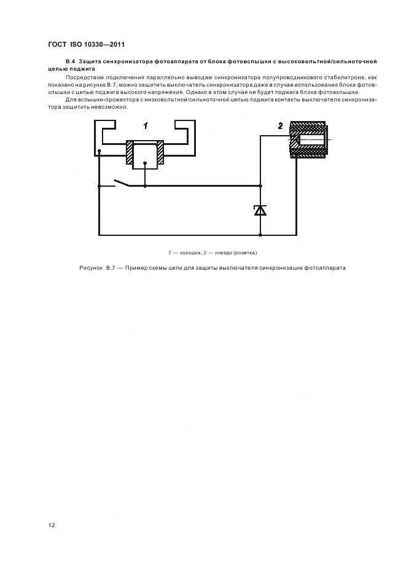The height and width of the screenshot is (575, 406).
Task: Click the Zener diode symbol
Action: pyautogui.click(x=260, y=211)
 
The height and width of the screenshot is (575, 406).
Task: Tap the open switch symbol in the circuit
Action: pyautogui.click(x=121, y=183)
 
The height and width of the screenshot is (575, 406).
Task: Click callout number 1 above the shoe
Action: pyautogui.click(x=146, y=126)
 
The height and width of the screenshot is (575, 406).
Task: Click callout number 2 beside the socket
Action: pyautogui.click(x=281, y=126)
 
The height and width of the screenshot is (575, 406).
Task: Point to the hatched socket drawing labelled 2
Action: pyautogui.click(x=308, y=139)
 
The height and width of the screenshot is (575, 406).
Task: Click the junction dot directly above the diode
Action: pyautogui.click(x=260, y=186)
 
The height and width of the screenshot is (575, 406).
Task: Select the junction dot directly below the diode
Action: pyautogui.click(x=260, y=235)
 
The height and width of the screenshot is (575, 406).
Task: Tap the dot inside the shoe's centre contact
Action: pyautogui.click(x=145, y=163)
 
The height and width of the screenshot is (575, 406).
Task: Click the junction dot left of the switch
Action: pyautogui.click(x=99, y=186)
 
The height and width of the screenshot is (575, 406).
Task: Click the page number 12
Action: pyautogui.click(x=52, y=525)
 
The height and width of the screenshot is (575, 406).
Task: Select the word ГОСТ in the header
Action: pyautogui.click(x=57, y=44)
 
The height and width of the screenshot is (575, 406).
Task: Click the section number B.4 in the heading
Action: pyautogui.click(x=71, y=61)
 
